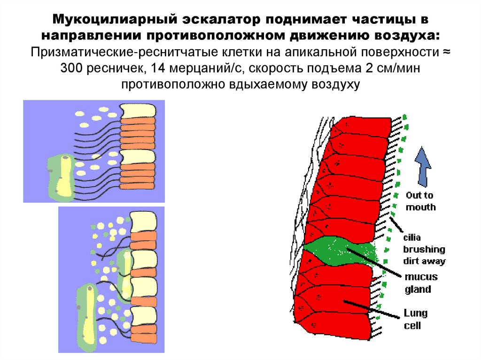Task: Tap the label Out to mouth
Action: point(420,201)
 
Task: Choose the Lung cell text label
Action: point(415,319)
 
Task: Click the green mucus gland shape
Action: point(338,252)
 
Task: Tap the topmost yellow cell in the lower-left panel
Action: point(143,220)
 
